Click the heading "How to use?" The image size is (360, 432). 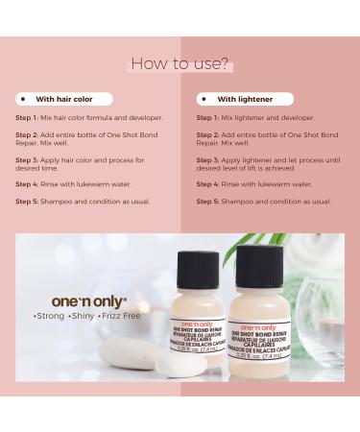pyautogui.click(x=180, y=64)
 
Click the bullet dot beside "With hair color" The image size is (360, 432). pyautogui.click(x=22, y=99)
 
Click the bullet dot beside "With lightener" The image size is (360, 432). pyautogui.click(x=204, y=99)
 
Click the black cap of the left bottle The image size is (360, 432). pyautogui.click(x=197, y=270)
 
